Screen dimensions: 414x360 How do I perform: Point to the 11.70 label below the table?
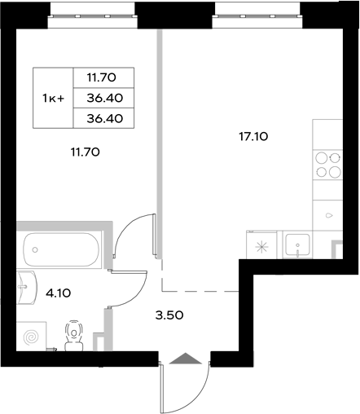point(84,151)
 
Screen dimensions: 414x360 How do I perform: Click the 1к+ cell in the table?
point(54,98)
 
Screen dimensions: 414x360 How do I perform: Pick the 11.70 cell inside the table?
point(103,77)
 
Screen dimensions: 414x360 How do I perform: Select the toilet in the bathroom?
point(76,337)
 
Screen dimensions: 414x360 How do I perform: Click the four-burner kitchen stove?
point(329,165)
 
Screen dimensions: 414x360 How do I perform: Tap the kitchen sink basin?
point(299,244)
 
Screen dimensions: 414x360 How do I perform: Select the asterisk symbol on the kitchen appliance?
point(261,247)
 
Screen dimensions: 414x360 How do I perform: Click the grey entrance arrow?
point(187,358)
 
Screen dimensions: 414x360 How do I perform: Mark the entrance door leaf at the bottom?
point(163,387)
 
